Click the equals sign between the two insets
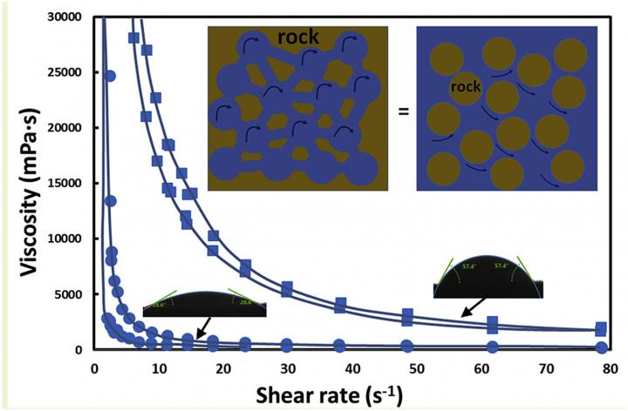pyautogui.click(x=401, y=112)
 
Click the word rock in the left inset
pyautogui.click(x=298, y=38)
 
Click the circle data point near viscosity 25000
pyautogui.click(x=110, y=76)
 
